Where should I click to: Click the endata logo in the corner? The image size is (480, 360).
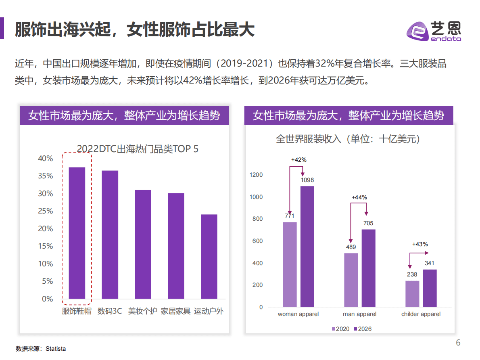433,31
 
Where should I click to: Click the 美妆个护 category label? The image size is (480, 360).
142,312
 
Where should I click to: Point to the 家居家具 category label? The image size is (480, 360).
175,312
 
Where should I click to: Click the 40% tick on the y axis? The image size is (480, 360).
45,159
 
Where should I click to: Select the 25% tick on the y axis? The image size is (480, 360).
45,211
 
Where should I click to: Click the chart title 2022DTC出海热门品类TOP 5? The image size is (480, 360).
138,149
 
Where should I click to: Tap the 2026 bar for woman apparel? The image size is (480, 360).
307,246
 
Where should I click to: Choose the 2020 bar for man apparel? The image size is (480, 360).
351,280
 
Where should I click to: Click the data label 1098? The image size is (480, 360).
307,180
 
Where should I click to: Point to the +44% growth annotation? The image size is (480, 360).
359,197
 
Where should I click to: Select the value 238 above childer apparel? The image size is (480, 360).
412,274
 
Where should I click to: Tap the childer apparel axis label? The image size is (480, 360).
421,314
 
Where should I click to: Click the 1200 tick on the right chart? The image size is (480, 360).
256,175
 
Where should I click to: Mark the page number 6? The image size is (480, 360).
458,343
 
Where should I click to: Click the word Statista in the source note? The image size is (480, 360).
56,349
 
